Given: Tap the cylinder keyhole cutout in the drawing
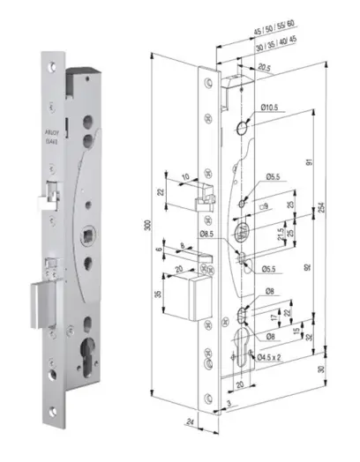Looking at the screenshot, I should pyautogui.click(x=248, y=348).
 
